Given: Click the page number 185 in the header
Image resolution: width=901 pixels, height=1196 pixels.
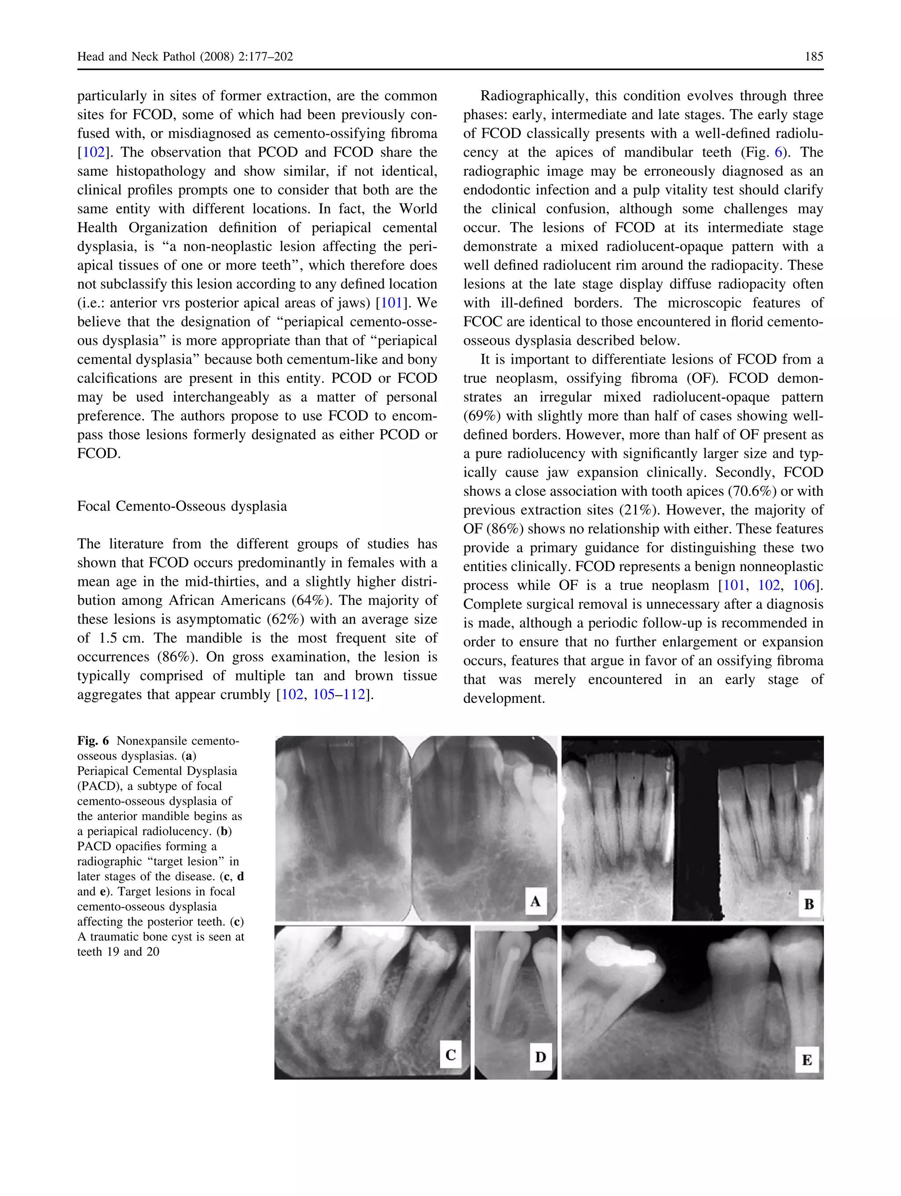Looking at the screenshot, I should (x=813, y=57).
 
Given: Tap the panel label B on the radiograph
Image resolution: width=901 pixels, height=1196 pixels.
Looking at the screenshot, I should (x=809, y=904).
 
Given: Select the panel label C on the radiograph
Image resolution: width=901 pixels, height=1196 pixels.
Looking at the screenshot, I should (x=450, y=1054).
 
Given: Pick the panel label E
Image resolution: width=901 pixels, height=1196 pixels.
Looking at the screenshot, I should (x=806, y=1059).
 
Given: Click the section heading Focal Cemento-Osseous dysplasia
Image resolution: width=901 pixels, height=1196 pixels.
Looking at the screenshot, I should (x=182, y=506).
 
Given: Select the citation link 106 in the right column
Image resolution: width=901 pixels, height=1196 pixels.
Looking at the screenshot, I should (x=803, y=585).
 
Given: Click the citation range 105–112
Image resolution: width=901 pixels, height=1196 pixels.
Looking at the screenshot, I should (x=339, y=694).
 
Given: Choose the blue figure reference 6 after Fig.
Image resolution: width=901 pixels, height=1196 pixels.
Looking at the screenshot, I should (x=779, y=153).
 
